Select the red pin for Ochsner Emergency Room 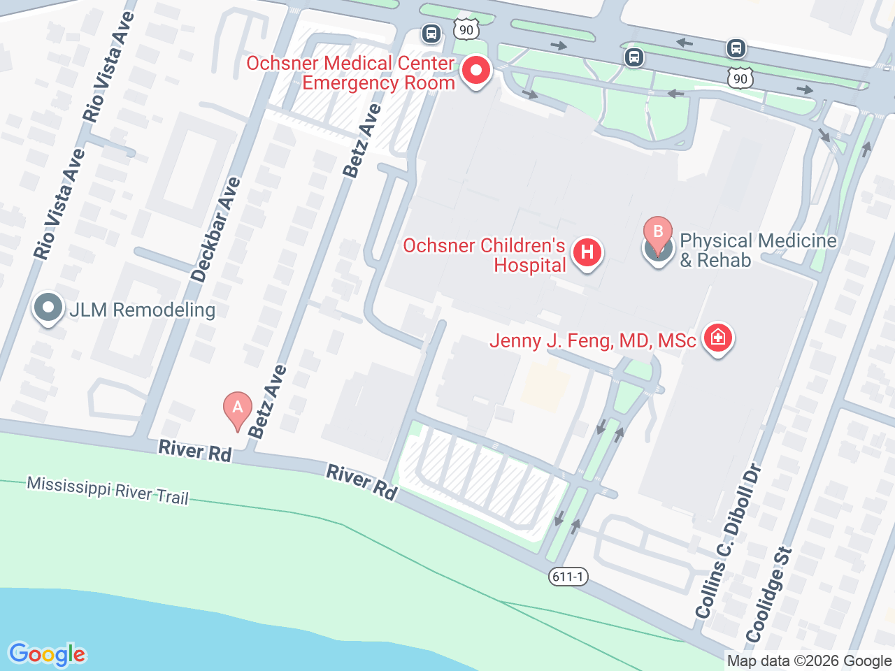point(476,71)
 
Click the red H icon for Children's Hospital point(587,252)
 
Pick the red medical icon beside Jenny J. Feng point(717,339)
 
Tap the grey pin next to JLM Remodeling point(48,308)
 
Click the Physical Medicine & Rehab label point(758,250)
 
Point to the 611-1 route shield point(568,577)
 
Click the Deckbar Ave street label point(216,230)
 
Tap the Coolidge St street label point(769,596)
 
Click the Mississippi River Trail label point(108,490)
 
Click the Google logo point(47,654)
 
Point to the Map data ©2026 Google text point(809,661)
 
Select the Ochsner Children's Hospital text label point(484,255)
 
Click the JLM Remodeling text point(143,310)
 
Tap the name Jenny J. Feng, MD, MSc point(592,340)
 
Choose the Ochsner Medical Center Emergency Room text point(351,73)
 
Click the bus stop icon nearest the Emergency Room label point(431,33)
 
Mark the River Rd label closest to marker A point(195,451)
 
